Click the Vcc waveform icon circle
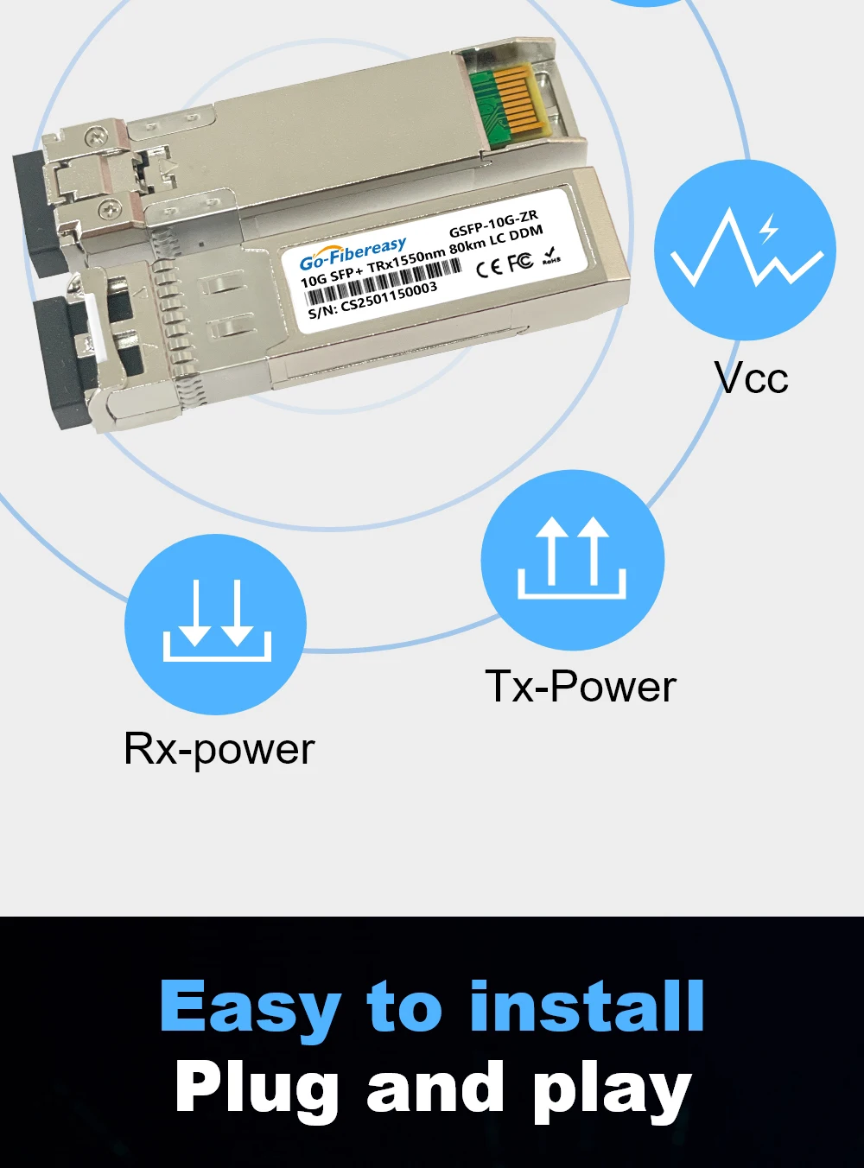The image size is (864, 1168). click(745, 251)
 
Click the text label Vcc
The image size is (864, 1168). click(751, 378)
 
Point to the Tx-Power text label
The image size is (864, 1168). click(580, 687)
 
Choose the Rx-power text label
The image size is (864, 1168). click(219, 749)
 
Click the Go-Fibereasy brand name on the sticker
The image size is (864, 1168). click(353, 253)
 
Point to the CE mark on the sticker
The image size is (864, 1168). click(488, 267)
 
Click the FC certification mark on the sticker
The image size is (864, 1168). click(519, 262)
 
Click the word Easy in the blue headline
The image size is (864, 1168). click(251, 1007)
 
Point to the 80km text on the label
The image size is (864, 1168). click(467, 247)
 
